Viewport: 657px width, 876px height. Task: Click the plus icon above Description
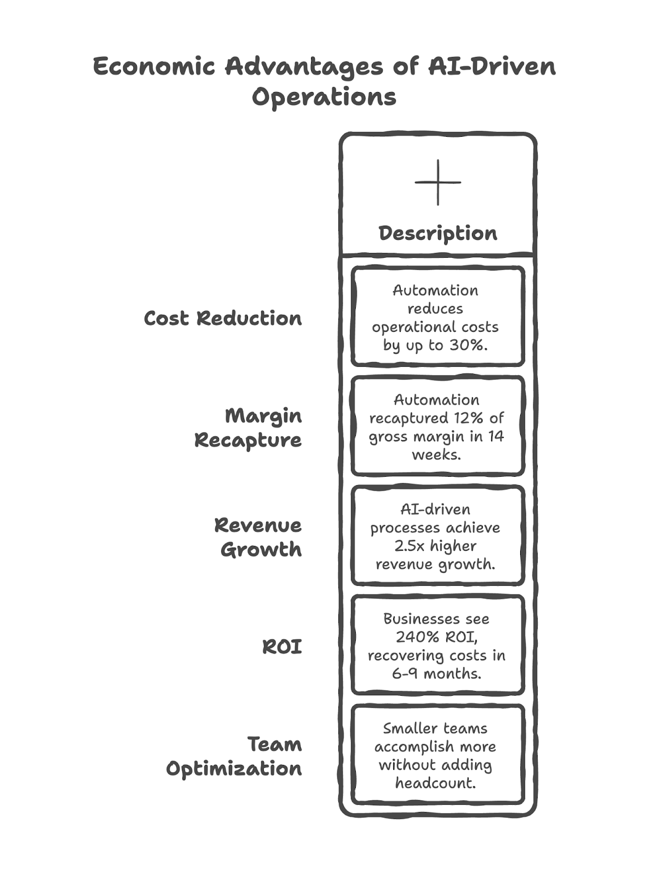point(437,182)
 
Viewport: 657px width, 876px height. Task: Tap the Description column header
point(437,233)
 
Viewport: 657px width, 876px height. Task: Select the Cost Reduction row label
point(222,318)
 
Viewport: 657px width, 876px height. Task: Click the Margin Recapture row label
point(247,428)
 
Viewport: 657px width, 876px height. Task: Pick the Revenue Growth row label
point(257,537)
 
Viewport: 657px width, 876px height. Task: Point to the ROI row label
point(282,647)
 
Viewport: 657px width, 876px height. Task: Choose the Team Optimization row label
point(234,756)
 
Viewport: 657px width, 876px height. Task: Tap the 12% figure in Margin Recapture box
point(468,418)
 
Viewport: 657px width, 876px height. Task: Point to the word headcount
point(435,783)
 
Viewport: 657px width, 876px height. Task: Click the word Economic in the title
point(154,67)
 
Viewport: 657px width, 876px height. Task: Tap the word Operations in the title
point(324,97)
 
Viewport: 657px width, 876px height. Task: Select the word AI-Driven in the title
point(492,67)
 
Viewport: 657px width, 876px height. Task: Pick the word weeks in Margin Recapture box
point(435,454)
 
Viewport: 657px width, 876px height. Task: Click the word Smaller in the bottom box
point(406,728)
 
